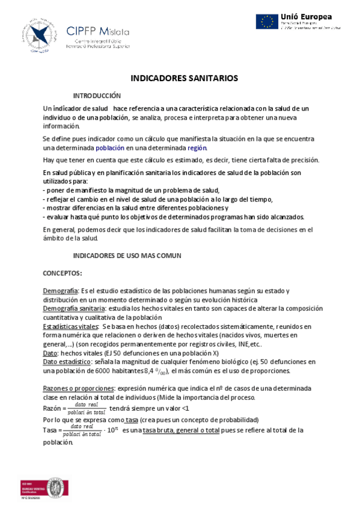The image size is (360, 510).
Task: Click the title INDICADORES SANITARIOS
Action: tap(185, 78)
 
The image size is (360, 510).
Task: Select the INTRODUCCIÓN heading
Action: tap(97, 96)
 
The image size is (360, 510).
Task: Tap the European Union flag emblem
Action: tap(267, 22)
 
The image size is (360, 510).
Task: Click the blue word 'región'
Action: tap(197, 147)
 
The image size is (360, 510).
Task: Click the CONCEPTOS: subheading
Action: tap(63, 273)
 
